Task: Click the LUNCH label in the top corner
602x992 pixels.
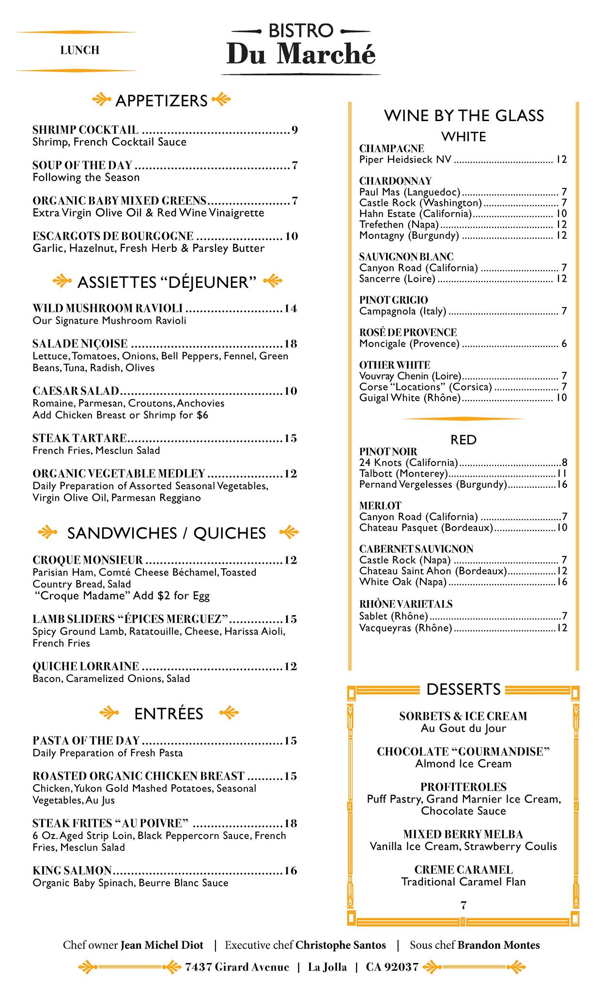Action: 80,50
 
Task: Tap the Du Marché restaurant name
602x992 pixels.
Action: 301,54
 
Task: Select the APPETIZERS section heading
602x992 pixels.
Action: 161,101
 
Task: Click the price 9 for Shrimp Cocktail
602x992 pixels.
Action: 294,130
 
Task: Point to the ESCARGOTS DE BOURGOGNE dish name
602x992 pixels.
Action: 113,236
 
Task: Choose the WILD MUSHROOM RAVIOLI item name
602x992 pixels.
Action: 108,309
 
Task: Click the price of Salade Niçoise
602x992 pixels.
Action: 291,344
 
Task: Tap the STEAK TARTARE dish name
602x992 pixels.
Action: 79,438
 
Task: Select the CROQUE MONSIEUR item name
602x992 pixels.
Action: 88,560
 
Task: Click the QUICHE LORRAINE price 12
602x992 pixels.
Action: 291,666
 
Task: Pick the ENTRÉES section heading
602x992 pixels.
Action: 169,714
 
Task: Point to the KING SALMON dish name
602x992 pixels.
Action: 72,870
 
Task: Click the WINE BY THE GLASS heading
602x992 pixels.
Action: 463,116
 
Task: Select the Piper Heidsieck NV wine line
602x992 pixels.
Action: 405,160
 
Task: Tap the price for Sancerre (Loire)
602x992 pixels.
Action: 561,279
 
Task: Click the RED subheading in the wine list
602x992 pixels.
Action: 463,440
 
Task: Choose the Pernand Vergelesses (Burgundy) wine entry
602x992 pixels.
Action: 433,484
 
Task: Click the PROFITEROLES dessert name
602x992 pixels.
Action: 463,787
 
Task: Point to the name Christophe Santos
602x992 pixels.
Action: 340,945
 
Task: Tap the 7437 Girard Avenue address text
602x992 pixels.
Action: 237,967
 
